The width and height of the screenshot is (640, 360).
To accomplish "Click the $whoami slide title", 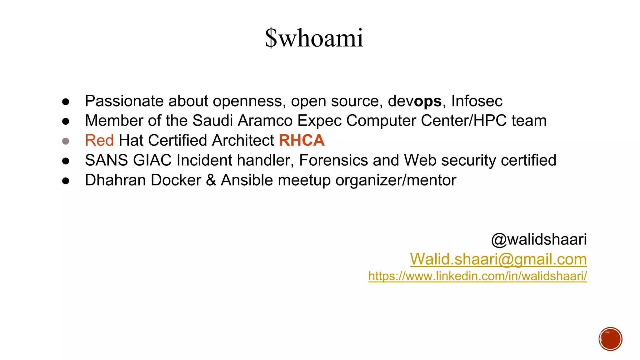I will click(x=314, y=38).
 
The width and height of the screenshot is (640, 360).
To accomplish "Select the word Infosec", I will click(x=477, y=101).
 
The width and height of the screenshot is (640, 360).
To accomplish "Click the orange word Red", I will click(x=99, y=140).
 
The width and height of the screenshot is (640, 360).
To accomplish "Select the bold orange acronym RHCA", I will click(x=302, y=140).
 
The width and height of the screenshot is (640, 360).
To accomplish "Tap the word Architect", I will click(x=243, y=140).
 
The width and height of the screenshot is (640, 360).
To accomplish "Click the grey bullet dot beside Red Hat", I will click(x=66, y=141).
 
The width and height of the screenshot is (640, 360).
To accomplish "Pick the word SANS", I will click(x=106, y=160).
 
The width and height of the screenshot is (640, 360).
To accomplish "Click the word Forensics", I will click(x=333, y=160).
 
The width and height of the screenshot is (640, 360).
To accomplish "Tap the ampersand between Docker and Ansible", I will click(x=211, y=180).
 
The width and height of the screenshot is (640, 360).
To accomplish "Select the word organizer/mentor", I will click(x=396, y=180).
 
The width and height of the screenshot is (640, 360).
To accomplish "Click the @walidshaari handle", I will click(x=539, y=240).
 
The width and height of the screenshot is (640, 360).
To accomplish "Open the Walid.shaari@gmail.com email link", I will click(x=498, y=259).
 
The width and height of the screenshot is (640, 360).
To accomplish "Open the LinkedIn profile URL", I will click(x=477, y=276).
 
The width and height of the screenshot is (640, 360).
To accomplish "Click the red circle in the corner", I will click(x=610, y=339).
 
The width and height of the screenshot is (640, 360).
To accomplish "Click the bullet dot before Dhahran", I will click(x=66, y=181).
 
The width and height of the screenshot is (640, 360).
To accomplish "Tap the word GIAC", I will click(x=152, y=160).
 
